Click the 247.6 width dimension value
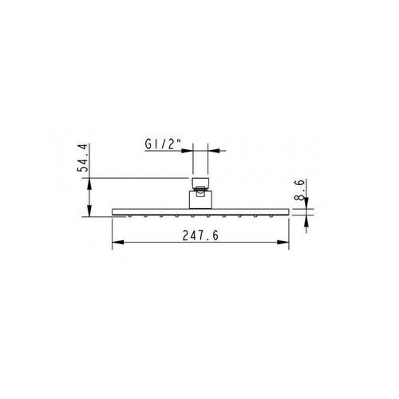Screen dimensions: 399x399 [200, 235]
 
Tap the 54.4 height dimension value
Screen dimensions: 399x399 [82, 158]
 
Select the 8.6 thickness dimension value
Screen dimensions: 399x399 [299, 190]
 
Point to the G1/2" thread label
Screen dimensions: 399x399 [163, 144]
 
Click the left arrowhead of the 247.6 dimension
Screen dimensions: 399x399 [118, 243]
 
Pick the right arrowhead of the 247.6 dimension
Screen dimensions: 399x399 [283, 243]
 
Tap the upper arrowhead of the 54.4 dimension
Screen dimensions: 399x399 [89, 184]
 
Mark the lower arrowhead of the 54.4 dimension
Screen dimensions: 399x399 [89, 211]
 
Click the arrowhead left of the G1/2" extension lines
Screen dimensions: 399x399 [187, 151]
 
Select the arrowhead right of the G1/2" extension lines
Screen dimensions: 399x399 [214, 151]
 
